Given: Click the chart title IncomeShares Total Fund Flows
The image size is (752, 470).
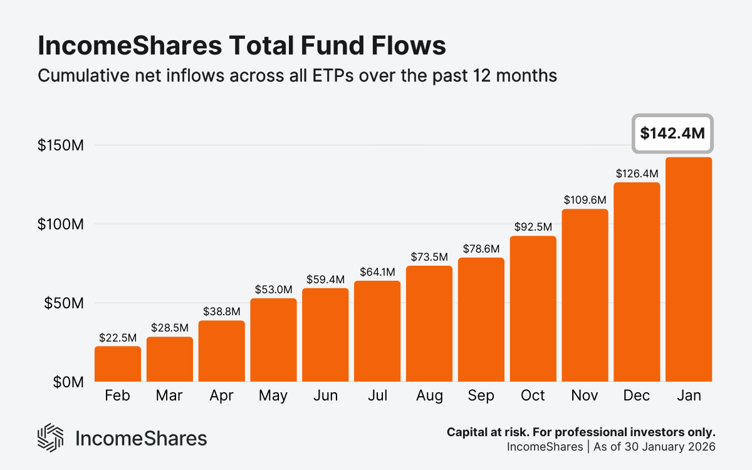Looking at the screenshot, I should point(242,48).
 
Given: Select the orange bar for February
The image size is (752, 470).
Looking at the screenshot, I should point(118,364).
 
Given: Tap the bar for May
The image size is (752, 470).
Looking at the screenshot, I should point(273,340).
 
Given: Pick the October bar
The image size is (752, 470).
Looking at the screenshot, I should point(533,309).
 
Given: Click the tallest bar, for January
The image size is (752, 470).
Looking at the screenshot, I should point(689,269).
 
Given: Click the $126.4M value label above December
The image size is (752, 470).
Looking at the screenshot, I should point(637,173).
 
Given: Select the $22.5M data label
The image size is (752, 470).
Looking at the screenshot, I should point(118,337).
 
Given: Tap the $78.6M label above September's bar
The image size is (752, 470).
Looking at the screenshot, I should point(481,249).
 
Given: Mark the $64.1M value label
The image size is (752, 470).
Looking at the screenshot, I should point(377,272).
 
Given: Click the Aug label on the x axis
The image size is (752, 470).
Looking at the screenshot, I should point(429,396).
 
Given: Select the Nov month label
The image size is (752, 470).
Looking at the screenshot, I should point(585,396).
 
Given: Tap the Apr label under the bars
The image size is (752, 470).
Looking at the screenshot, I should point(222,396).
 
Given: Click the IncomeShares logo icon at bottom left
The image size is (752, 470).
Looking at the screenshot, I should point(51,437).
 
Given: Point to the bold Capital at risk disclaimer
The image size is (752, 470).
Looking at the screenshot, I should point(581,432).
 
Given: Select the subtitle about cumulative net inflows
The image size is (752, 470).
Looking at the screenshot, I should point(297,76).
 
